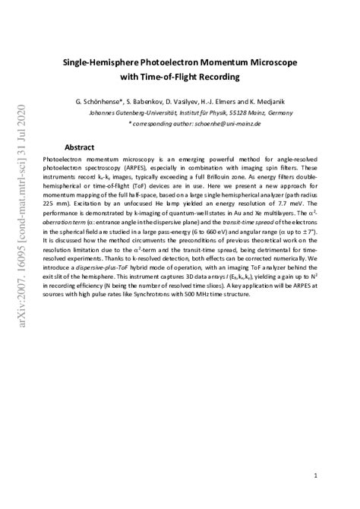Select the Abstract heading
pos(79,147)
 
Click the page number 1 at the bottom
pos(315,454)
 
